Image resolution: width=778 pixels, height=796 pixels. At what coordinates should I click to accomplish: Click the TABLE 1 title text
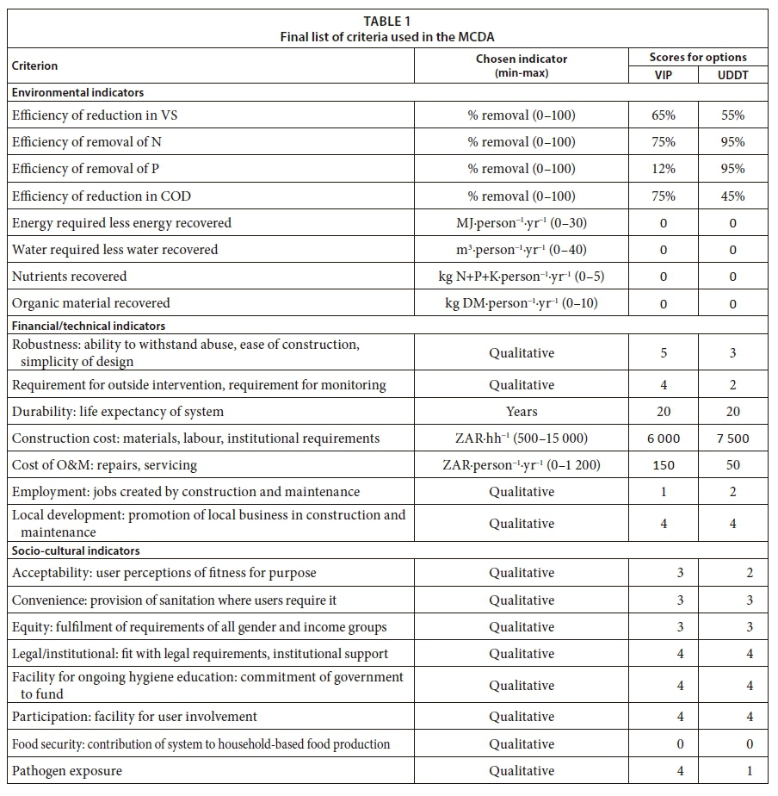point(388,21)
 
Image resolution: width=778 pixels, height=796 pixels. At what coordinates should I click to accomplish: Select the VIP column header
point(664,75)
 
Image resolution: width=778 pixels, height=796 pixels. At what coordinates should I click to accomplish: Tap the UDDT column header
point(732,75)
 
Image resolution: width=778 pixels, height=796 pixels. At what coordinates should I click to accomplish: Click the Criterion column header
point(34,65)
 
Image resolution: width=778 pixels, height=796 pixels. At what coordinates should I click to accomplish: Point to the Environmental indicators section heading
point(77,92)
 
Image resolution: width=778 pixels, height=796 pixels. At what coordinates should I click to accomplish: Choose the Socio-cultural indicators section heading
point(76,550)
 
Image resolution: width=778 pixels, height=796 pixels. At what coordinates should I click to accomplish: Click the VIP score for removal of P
point(664,169)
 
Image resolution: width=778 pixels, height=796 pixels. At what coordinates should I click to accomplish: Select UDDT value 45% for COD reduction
point(732,196)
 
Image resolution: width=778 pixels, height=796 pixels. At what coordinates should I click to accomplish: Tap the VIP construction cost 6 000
point(663,438)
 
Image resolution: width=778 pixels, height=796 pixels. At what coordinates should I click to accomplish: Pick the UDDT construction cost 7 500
point(732,438)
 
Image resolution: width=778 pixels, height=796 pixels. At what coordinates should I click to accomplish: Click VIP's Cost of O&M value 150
point(664,465)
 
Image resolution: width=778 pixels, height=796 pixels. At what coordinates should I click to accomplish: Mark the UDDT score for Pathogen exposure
point(749,771)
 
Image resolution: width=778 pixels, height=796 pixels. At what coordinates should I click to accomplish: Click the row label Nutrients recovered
point(69,277)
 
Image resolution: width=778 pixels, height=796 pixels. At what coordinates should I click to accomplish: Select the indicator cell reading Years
point(522,412)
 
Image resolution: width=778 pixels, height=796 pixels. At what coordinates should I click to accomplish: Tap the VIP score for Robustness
point(664,353)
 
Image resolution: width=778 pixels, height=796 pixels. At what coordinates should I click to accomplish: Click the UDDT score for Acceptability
point(749,573)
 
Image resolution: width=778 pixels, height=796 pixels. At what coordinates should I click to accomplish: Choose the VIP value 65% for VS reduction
point(664,115)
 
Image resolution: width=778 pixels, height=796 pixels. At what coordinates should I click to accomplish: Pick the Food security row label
point(201,743)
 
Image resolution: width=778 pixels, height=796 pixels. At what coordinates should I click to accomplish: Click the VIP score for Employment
point(664,492)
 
